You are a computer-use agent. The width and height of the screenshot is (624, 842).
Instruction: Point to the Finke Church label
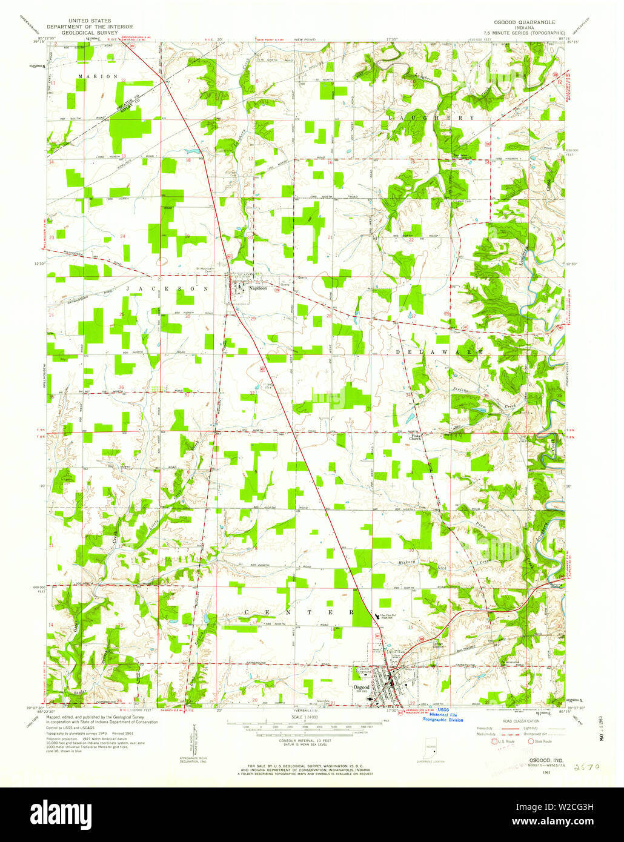pyautogui.click(x=413, y=437)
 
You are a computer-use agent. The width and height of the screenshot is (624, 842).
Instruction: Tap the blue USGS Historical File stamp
pyautogui.click(x=442, y=715)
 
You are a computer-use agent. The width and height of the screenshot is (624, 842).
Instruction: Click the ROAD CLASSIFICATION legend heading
pyautogui.click(x=521, y=721)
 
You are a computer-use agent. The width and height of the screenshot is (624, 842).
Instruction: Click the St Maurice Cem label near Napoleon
pyautogui.click(x=205, y=269)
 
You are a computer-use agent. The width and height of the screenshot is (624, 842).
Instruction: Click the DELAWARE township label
pyautogui.click(x=440, y=352)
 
